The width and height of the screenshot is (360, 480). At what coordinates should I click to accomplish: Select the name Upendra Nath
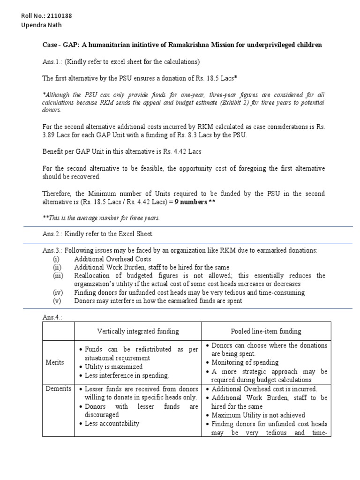[x=41, y=25]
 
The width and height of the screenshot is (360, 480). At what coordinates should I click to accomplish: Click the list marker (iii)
[x=59, y=276]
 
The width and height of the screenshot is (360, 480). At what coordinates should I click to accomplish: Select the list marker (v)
[x=59, y=301]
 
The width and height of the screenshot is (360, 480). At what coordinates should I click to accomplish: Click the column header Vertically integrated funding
[x=138, y=331]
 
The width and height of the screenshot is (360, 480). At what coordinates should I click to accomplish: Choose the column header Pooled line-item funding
[x=266, y=331]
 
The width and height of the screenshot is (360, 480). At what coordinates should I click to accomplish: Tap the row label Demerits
[x=58, y=389]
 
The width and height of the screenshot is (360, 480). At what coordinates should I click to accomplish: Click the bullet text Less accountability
[x=112, y=423]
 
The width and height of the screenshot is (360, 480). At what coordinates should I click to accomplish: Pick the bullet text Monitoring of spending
[x=245, y=362]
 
